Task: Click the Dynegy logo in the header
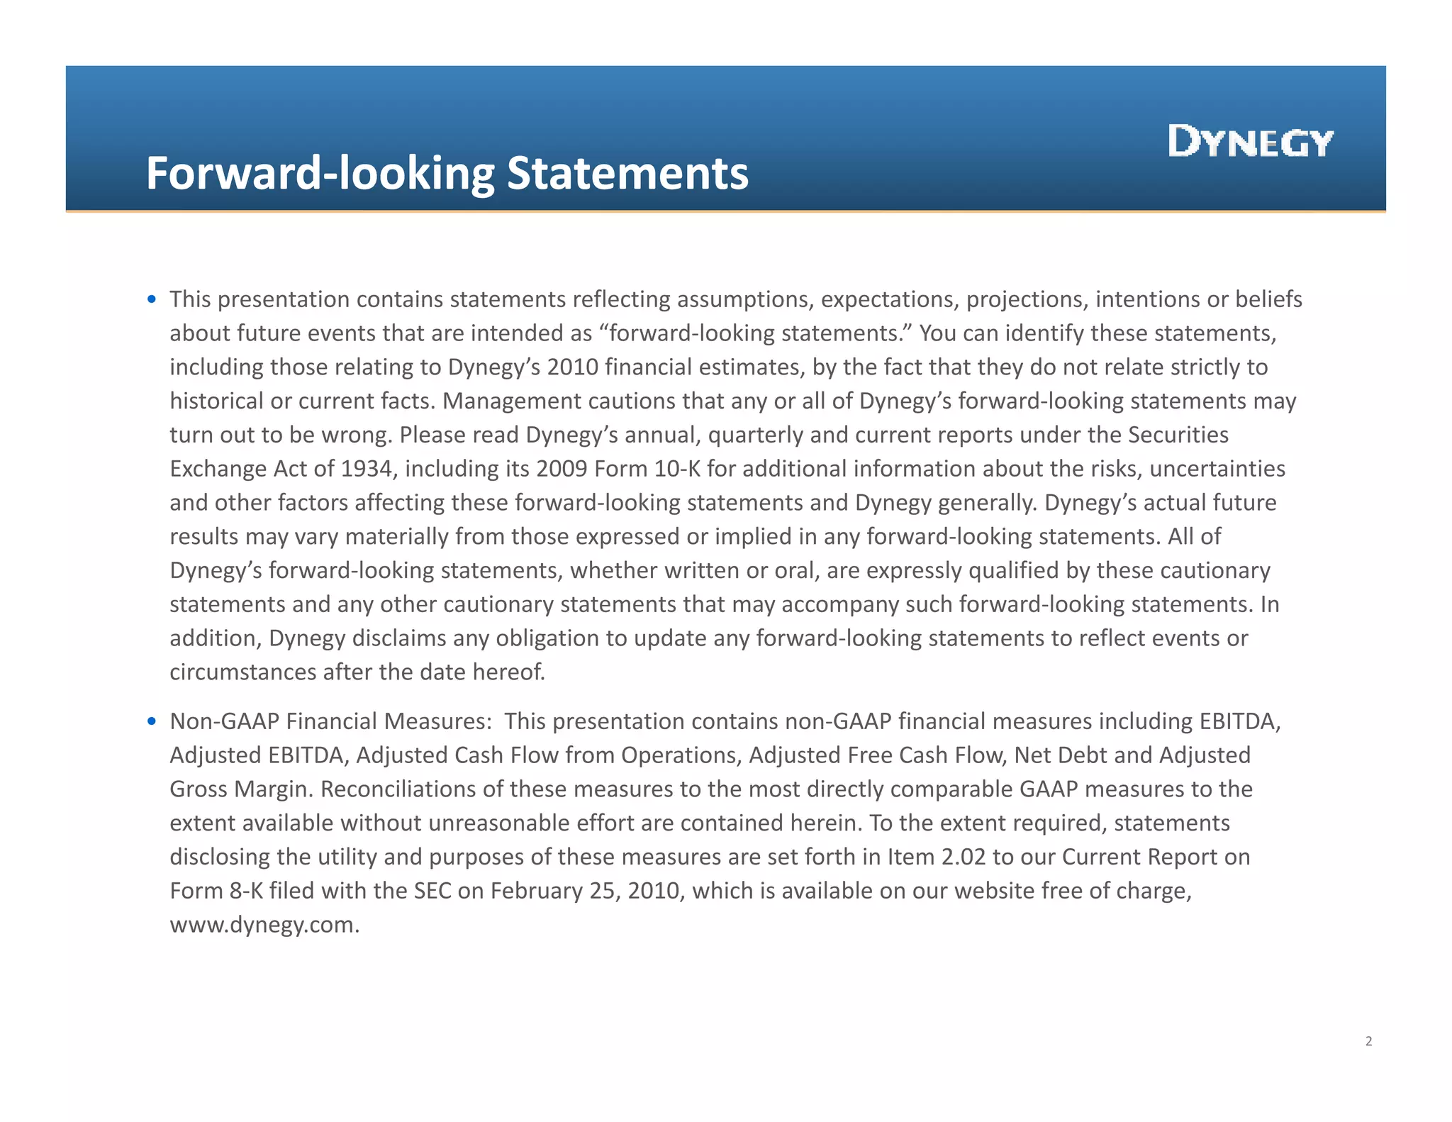click(x=1251, y=141)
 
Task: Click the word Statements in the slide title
click(x=627, y=174)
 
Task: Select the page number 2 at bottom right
click(x=1368, y=1041)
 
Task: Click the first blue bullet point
click(x=152, y=299)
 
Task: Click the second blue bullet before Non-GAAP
click(x=152, y=721)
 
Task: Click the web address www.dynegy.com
click(x=264, y=925)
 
